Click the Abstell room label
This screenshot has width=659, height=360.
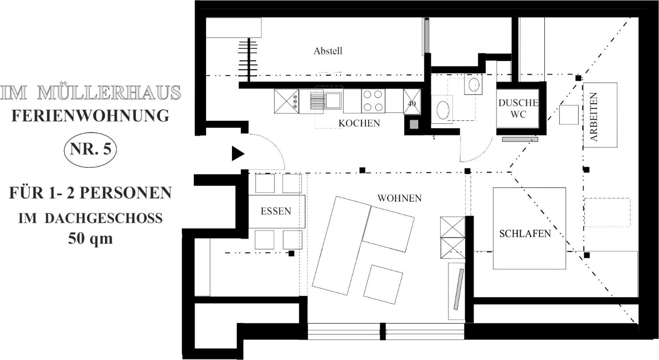[x=328, y=51]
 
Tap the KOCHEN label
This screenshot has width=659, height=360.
[x=359, y=123]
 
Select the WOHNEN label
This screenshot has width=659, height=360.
[x=399, y=198]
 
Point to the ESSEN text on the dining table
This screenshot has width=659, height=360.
[x=276, y=211]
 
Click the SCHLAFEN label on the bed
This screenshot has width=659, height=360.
[x=525, y=234]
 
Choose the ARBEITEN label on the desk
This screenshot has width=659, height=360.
[x=594, y=117]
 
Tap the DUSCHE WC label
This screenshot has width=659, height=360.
[x=518, y=108]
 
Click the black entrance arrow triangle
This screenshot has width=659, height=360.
[x=238, y=153]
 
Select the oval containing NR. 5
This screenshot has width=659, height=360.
[x=90, y=150]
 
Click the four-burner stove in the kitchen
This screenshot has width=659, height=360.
[x=373, y=101]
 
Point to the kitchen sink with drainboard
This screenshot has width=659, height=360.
[x=326, y=101]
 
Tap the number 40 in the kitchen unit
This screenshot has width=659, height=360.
[x=412, y=103]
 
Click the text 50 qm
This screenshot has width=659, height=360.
[x=90, y=238]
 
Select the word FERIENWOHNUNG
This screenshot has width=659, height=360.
[x=90, y=116]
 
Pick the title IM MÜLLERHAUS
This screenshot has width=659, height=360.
[x=90, y=93]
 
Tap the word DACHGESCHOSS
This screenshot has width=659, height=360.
[x=104, y=219]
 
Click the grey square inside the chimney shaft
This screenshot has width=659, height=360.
[x=414, y=125]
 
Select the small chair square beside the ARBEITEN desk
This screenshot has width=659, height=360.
[x=569, y=115]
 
